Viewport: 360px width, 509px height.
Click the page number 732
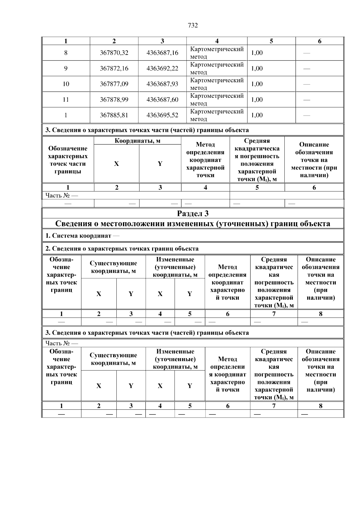193,25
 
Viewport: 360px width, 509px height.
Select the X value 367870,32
114,53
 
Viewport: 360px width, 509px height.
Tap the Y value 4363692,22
162,68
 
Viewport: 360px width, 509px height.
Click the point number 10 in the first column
66,84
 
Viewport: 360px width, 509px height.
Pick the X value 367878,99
114,100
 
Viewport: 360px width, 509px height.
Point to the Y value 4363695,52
162,115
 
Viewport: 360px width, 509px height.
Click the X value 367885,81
114,115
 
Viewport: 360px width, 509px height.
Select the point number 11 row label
66,100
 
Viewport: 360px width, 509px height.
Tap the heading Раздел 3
193,214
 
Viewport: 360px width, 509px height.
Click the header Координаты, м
137,141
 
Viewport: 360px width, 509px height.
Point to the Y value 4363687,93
162,84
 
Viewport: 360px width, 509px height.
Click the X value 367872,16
114,68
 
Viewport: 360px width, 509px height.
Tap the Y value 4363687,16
162,53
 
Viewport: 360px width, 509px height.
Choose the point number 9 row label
66,68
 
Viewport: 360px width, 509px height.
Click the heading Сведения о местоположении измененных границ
193,224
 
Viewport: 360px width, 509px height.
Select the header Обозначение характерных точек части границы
68,160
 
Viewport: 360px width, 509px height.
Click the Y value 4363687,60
162,100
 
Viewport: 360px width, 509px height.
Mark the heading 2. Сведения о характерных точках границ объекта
122,249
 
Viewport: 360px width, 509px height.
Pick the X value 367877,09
114,84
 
